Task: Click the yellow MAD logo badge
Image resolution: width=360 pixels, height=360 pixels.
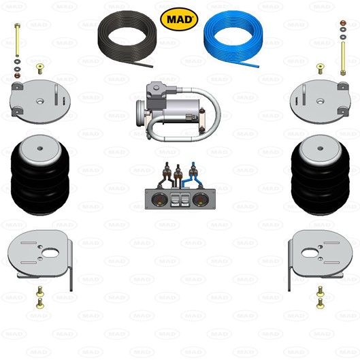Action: pos(179,19)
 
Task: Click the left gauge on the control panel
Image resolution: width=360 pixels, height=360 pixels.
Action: pos(159,199)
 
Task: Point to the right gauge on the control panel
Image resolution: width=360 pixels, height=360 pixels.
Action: pos(200,199)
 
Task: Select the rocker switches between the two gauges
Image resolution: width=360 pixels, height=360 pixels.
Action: pos(180,200)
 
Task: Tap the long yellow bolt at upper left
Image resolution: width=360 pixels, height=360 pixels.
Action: pos(17,39)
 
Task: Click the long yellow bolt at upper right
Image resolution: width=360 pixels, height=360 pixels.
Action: pos(343,59)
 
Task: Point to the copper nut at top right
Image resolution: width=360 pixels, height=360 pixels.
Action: pos(343,22)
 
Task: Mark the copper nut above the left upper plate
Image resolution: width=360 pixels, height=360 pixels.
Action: pos(17,76)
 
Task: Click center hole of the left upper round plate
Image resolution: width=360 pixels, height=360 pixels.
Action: pos(40,101)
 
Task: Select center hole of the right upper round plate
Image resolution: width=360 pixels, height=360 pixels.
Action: pos(321,101)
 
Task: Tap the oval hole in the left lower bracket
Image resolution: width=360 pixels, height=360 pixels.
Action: pos(50,253)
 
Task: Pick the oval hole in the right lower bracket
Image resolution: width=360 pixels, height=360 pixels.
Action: pos(310,253)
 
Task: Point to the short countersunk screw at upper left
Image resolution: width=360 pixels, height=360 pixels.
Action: pos(40,69)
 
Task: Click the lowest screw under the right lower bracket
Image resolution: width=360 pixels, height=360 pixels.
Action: pos(321,304)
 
